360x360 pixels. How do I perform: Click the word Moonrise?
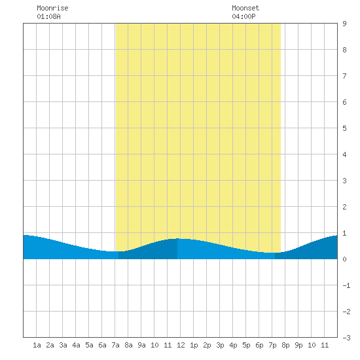52,8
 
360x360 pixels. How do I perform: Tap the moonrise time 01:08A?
48,16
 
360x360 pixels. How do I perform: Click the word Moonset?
245,8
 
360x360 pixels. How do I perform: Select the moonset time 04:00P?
243,16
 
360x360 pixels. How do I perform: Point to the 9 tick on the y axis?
344,24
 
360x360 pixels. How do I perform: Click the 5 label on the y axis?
344,128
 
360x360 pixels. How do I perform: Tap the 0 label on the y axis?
344,259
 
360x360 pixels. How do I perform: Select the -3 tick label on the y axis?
346,338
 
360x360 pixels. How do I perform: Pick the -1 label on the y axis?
346,285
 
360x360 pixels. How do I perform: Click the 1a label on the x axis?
37,345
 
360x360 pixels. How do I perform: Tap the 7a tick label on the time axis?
115,345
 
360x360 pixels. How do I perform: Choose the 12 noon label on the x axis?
181,345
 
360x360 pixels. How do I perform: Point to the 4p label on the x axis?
233,345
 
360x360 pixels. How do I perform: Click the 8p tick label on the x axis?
285,345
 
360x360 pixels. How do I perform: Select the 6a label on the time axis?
102,345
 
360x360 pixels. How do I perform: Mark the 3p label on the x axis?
220,345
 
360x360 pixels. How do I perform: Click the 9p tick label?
298,345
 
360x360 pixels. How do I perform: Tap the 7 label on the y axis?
344,76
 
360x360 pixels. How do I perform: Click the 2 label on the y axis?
344,207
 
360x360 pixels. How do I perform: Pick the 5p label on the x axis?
246,345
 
